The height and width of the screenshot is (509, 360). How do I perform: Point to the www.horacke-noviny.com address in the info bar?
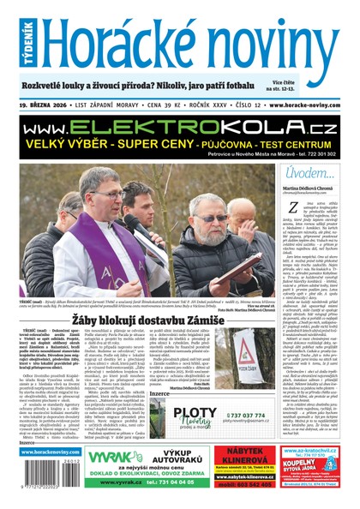click(x=309, y=105)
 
